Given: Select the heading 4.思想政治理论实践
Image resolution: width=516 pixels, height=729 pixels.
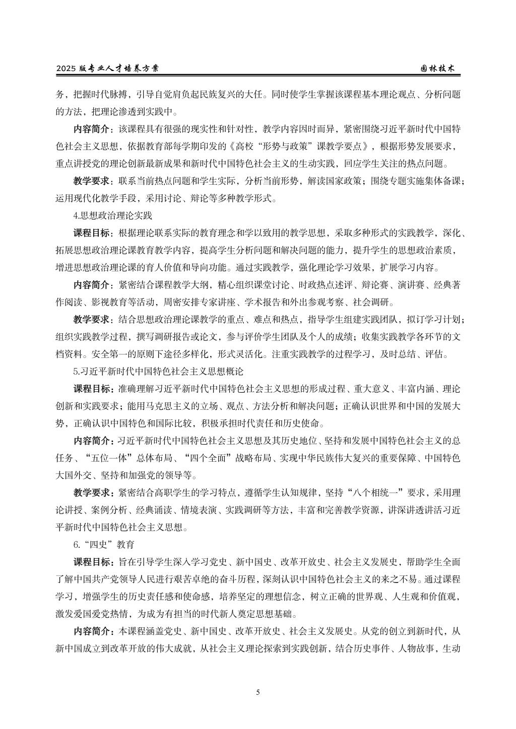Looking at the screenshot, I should click(x=112, y=216).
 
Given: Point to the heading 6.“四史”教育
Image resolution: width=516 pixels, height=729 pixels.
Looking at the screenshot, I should click(x=103, y=545).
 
